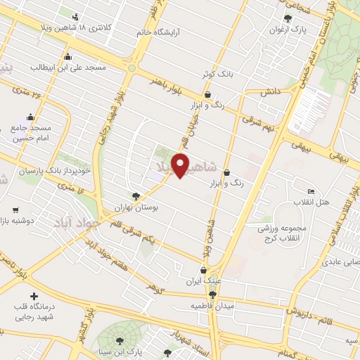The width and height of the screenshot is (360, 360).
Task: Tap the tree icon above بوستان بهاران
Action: (136, 197)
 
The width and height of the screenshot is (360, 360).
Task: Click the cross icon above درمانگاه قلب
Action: (33, 296)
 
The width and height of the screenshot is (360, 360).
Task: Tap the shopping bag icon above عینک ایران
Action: (203, 270)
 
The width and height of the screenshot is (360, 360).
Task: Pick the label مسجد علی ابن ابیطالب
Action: (67, 67)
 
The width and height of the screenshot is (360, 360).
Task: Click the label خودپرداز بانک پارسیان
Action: (44, 172)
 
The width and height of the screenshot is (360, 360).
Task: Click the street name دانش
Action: (270, 92)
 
